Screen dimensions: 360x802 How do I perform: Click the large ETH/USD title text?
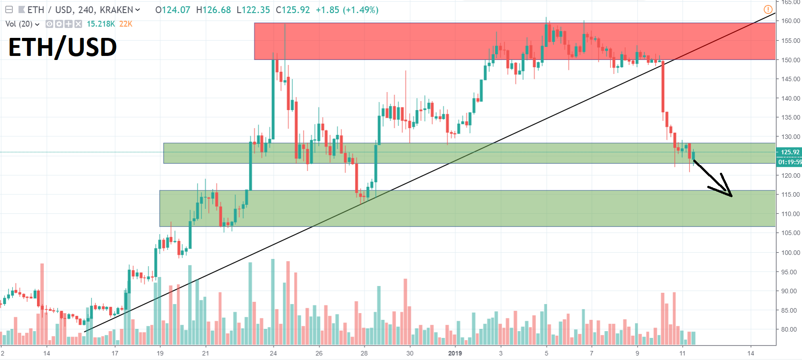63,47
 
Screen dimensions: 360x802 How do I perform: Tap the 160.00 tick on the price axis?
791,21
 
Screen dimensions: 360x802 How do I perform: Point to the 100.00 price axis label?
791,253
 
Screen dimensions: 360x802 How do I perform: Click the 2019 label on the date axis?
455,353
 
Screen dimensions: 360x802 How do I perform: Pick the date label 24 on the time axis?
273,353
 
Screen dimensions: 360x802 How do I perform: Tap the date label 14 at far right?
751,353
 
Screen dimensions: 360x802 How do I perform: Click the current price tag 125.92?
790,152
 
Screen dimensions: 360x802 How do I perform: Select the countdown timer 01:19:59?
790,162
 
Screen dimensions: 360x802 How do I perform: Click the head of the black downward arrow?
729,194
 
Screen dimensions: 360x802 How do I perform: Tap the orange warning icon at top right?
768,9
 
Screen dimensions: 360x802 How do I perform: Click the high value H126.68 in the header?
213,10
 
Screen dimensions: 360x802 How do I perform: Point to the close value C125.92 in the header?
293,10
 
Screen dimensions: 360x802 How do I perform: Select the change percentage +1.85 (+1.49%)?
347,10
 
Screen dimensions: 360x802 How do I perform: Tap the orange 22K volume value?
126,24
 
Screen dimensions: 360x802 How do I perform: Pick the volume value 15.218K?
101,24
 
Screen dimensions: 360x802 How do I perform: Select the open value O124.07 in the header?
173,10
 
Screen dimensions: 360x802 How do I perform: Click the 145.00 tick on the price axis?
791,79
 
